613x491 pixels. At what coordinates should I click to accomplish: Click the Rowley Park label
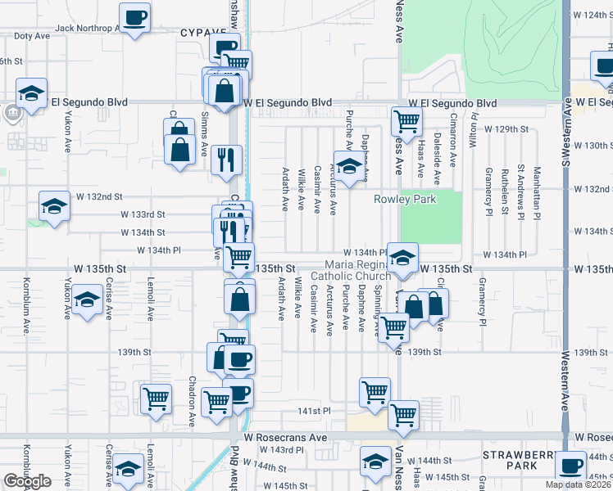click(405, 199)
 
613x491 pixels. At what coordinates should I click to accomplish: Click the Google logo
click(27, 481)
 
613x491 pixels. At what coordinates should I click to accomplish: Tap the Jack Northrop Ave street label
click(87, 28)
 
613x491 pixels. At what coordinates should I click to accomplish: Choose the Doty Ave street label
click(32, 36)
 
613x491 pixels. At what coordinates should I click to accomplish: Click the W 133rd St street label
click(143, 214)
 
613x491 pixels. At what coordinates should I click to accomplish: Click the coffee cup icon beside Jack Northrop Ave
click(134, 16)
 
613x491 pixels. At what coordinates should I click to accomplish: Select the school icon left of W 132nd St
click(54, 205)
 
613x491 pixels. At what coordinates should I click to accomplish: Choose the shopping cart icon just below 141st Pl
click(403, 414)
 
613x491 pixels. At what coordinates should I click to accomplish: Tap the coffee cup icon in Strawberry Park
click(570, 465)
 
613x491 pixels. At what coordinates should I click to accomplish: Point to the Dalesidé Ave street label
click(437, 158)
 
